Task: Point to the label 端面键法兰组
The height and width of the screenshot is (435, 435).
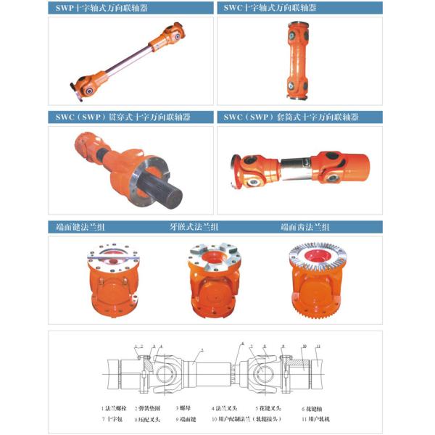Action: tap(79, 227)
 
